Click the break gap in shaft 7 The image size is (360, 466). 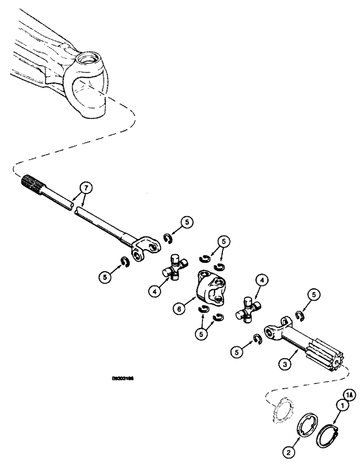tap(73, 206)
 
